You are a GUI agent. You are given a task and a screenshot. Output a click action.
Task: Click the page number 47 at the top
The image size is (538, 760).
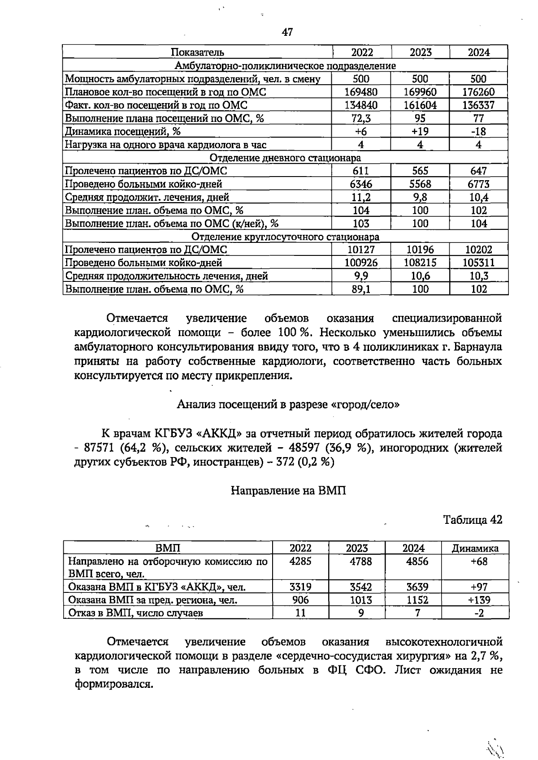(x=287, y=32)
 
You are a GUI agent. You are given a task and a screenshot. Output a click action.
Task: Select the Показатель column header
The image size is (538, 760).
(x=198, y=52)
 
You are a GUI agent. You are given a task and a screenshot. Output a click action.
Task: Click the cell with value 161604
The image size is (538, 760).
(x=420, y=105)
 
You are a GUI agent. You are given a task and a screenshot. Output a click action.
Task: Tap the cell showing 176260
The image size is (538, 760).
(x=478, y=92)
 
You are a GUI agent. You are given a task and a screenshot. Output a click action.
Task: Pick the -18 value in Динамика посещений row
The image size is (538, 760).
(x=478, y=132)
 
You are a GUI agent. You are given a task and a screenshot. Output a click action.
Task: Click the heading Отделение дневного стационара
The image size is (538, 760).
(x=285, y=158)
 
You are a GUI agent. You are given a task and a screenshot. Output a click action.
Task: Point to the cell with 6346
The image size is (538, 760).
(x=361, y=184)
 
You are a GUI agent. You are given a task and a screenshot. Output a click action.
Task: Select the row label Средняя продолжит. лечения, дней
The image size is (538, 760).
(x=147, y=197)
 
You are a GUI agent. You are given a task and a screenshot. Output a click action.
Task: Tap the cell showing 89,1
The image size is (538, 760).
(x=361, y=289)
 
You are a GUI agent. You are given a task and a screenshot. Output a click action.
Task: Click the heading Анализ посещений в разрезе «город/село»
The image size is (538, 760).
(x=288, y=405)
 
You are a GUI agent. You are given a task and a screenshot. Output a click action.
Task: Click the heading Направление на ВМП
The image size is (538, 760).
(x=288, y=491)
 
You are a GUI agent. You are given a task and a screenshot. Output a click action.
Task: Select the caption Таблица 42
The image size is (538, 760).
(x=472, y=520)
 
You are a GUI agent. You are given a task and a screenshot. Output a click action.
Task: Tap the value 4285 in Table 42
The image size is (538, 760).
(x=300, y=561)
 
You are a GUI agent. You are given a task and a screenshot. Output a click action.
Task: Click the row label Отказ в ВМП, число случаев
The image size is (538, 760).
(x=135, y=613)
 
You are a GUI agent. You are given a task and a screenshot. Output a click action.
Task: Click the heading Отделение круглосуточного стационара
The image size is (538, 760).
(x=285, y=237)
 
